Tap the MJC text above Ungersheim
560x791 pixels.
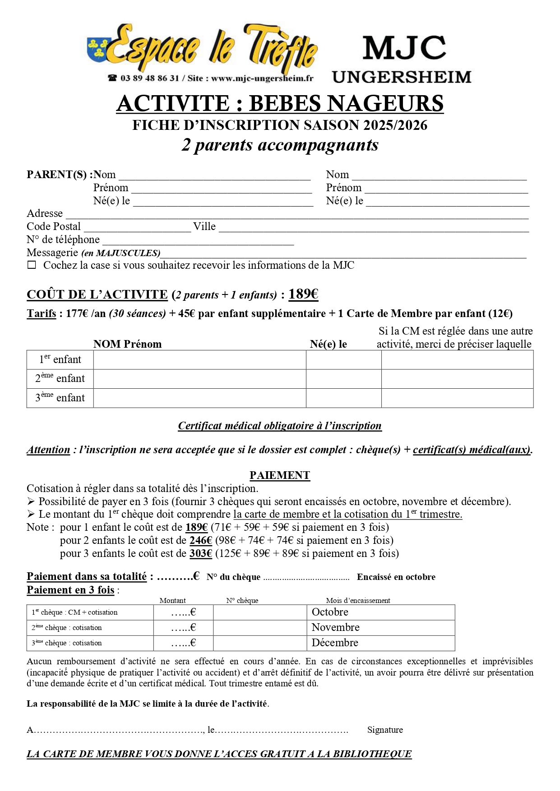(x=404, y=48)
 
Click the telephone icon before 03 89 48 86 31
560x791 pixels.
(x=112, y=78)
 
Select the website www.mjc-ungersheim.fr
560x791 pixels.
(x=262, y=78)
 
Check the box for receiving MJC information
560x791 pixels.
(x=32, y=265)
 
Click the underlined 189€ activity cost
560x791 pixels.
(x=303, y=294)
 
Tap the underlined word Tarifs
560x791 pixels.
(x=42, y=313)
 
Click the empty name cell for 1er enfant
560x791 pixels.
(x=199, y=360)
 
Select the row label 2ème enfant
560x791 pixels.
(x=60, y=379)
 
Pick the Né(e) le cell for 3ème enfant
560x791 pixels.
(x=343, y=398)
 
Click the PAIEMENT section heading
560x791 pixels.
(x=280, y=475)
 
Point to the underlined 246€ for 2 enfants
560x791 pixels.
(x=201, y=540)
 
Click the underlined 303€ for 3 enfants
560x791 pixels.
(x=201, y=553)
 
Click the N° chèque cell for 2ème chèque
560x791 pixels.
(x=259, y=628)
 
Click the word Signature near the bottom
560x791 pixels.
(x=385, y=730)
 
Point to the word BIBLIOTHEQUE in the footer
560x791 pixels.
(x=372, y=754)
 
